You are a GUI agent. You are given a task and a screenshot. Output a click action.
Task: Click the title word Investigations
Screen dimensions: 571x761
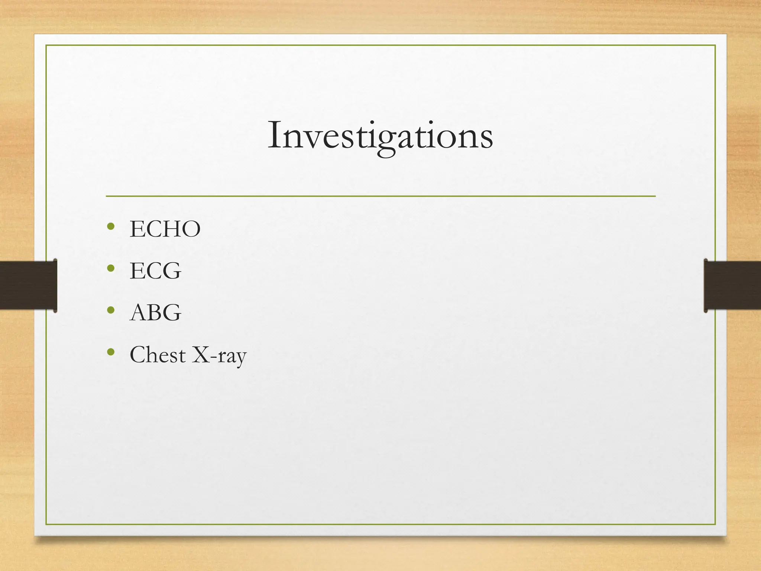pos(380,136)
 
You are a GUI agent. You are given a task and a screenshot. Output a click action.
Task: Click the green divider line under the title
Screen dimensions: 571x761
pos(380,196)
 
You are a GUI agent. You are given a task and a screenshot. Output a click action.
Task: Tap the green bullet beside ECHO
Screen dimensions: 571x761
pos(110,226)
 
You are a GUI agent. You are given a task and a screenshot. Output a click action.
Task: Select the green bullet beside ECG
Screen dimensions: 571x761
pos(110,268)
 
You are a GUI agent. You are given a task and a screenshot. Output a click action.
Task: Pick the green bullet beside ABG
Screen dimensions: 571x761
pos(110,310)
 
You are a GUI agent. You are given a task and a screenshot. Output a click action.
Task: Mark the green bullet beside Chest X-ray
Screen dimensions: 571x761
pos(110,352)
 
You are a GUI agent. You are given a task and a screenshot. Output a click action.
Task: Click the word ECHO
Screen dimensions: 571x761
pos(165,229)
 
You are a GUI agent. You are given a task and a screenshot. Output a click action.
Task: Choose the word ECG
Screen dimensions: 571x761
pos(155,271)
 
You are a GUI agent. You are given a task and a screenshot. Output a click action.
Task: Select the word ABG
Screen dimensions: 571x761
pos(155,313)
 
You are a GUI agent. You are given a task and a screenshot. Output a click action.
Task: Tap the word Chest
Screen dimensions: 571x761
pos(158,355)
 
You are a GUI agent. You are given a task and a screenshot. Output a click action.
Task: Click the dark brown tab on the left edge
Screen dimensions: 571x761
pos(28,285)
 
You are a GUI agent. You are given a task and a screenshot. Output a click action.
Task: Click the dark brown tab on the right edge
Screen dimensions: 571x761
pos(732,285)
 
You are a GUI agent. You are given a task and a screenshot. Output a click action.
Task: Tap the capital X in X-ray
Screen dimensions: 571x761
pos(200,355)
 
